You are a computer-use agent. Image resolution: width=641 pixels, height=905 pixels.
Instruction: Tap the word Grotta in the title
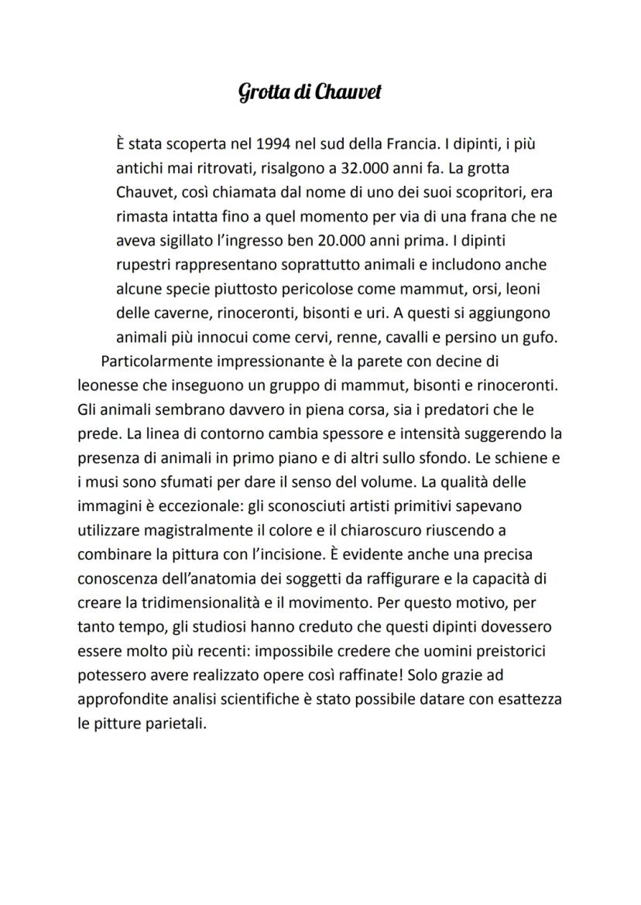(260, 92)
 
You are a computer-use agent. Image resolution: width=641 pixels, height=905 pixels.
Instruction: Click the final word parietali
(174, 722)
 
